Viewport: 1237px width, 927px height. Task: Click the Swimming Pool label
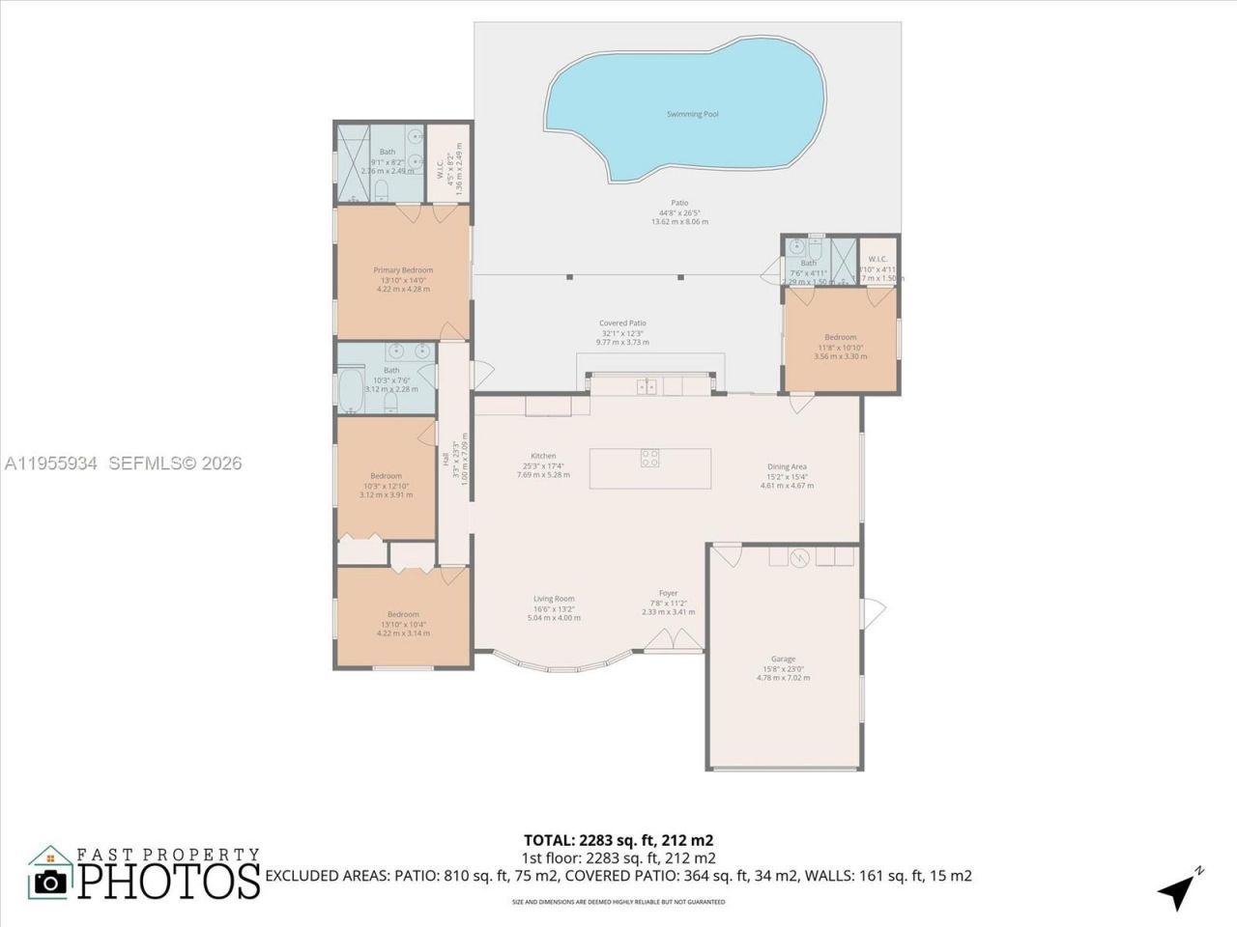click(692, 114)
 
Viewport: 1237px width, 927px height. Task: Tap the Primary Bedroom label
click(403, 270)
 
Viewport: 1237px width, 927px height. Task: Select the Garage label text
click(783, 659)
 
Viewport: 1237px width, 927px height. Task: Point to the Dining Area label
click(787, 466)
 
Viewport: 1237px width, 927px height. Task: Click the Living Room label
click(554, 599)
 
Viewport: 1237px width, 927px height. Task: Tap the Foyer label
click(668, 594)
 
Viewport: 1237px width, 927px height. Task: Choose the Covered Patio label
click(622, 323)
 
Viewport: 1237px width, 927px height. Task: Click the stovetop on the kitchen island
click(649, 459)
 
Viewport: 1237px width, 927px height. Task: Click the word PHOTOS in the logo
click(169, 881)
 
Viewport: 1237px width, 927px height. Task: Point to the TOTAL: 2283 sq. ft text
click(618, 840)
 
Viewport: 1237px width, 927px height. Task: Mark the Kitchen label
click(543, 456)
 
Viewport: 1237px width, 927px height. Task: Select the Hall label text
click(446, 462)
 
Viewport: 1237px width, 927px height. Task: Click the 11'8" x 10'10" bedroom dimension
click(840, 347)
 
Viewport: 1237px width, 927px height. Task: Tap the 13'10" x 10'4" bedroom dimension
click(403, 625)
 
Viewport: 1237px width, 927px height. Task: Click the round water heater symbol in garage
click(799, 558)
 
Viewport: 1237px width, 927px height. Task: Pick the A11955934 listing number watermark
click(50, 463)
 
